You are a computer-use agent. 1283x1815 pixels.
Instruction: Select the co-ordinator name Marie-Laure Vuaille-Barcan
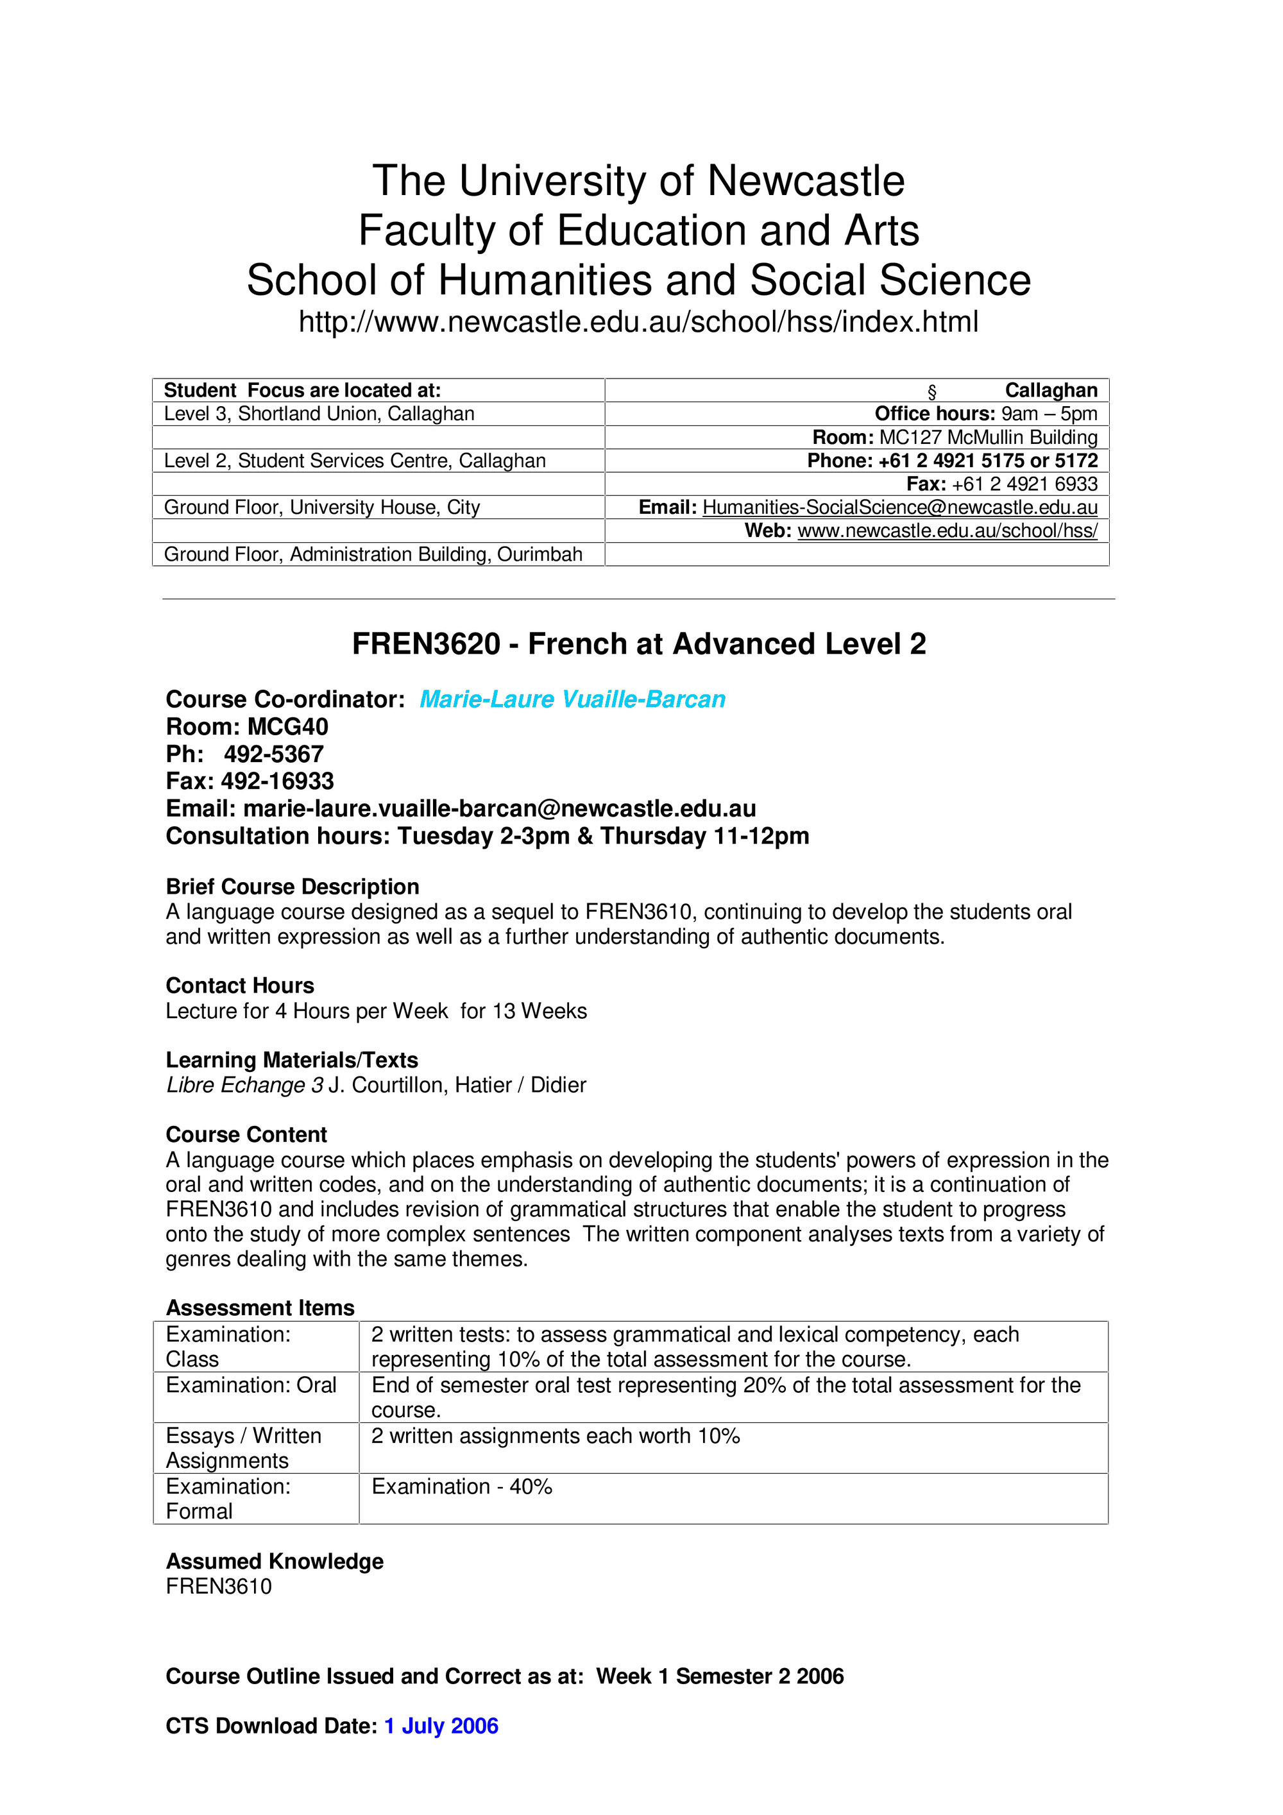pyautogui.click(x=572, y=699)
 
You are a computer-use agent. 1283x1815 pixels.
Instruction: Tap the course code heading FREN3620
pyautogui.click(x=425, y=643)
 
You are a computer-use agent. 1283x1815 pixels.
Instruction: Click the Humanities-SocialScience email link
pyautogui.click(x=899, y=507)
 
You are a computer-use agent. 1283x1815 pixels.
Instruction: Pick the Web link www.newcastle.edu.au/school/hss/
pyautogui.click(x=947, y=531)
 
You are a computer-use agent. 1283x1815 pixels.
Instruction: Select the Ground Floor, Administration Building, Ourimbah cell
pyautogui.click(x=373, y=554)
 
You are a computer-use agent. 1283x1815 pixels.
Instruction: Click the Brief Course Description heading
pyautogui.click(x=293, y=886)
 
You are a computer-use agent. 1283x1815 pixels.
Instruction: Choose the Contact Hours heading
pyautogui.click(x=239, y=985)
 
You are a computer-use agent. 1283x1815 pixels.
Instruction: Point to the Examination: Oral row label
pyautogui.click(x=251, y=1385)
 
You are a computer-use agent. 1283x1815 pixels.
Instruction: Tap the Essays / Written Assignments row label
pyautogui.click(x=244, y=1447)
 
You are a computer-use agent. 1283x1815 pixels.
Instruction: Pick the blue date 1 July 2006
pyautogui.click(x=441, y=1726)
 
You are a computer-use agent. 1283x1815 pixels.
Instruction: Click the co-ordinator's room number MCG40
pyautogui.click(x=288, y=726)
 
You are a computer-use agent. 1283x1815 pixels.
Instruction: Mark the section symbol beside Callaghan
pyautogui.click(x=932, y=391)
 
